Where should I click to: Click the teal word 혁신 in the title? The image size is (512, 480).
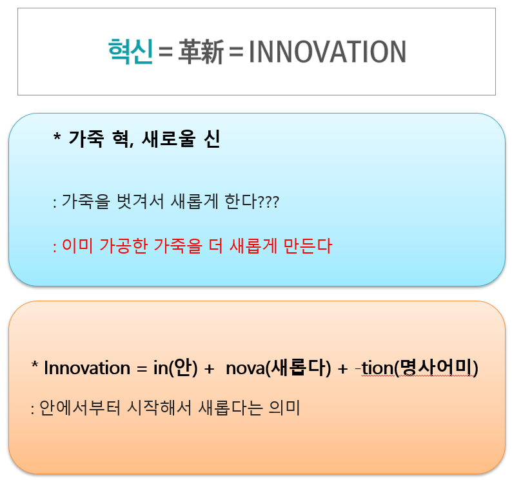coord(131,52)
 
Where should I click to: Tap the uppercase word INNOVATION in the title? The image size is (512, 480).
coord(327,52)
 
